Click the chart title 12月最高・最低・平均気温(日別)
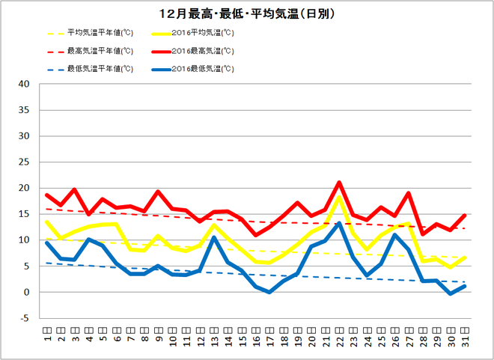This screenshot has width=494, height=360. (x=247, y=14)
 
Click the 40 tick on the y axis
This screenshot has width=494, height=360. (x=23, y=84)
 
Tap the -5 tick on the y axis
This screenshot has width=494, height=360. (x=24, y=318)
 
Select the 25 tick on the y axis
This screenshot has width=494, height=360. (x=23, y=162)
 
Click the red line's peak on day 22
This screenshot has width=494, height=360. (x=339, y=182)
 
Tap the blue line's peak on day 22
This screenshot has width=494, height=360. (x=339, y=223)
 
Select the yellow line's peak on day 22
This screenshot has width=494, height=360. (x=339, y=196)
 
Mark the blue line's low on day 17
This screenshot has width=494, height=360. (x=269, y=292)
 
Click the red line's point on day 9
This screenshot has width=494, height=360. (x=158, y=192)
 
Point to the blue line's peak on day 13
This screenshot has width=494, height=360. (x=214, y=237)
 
